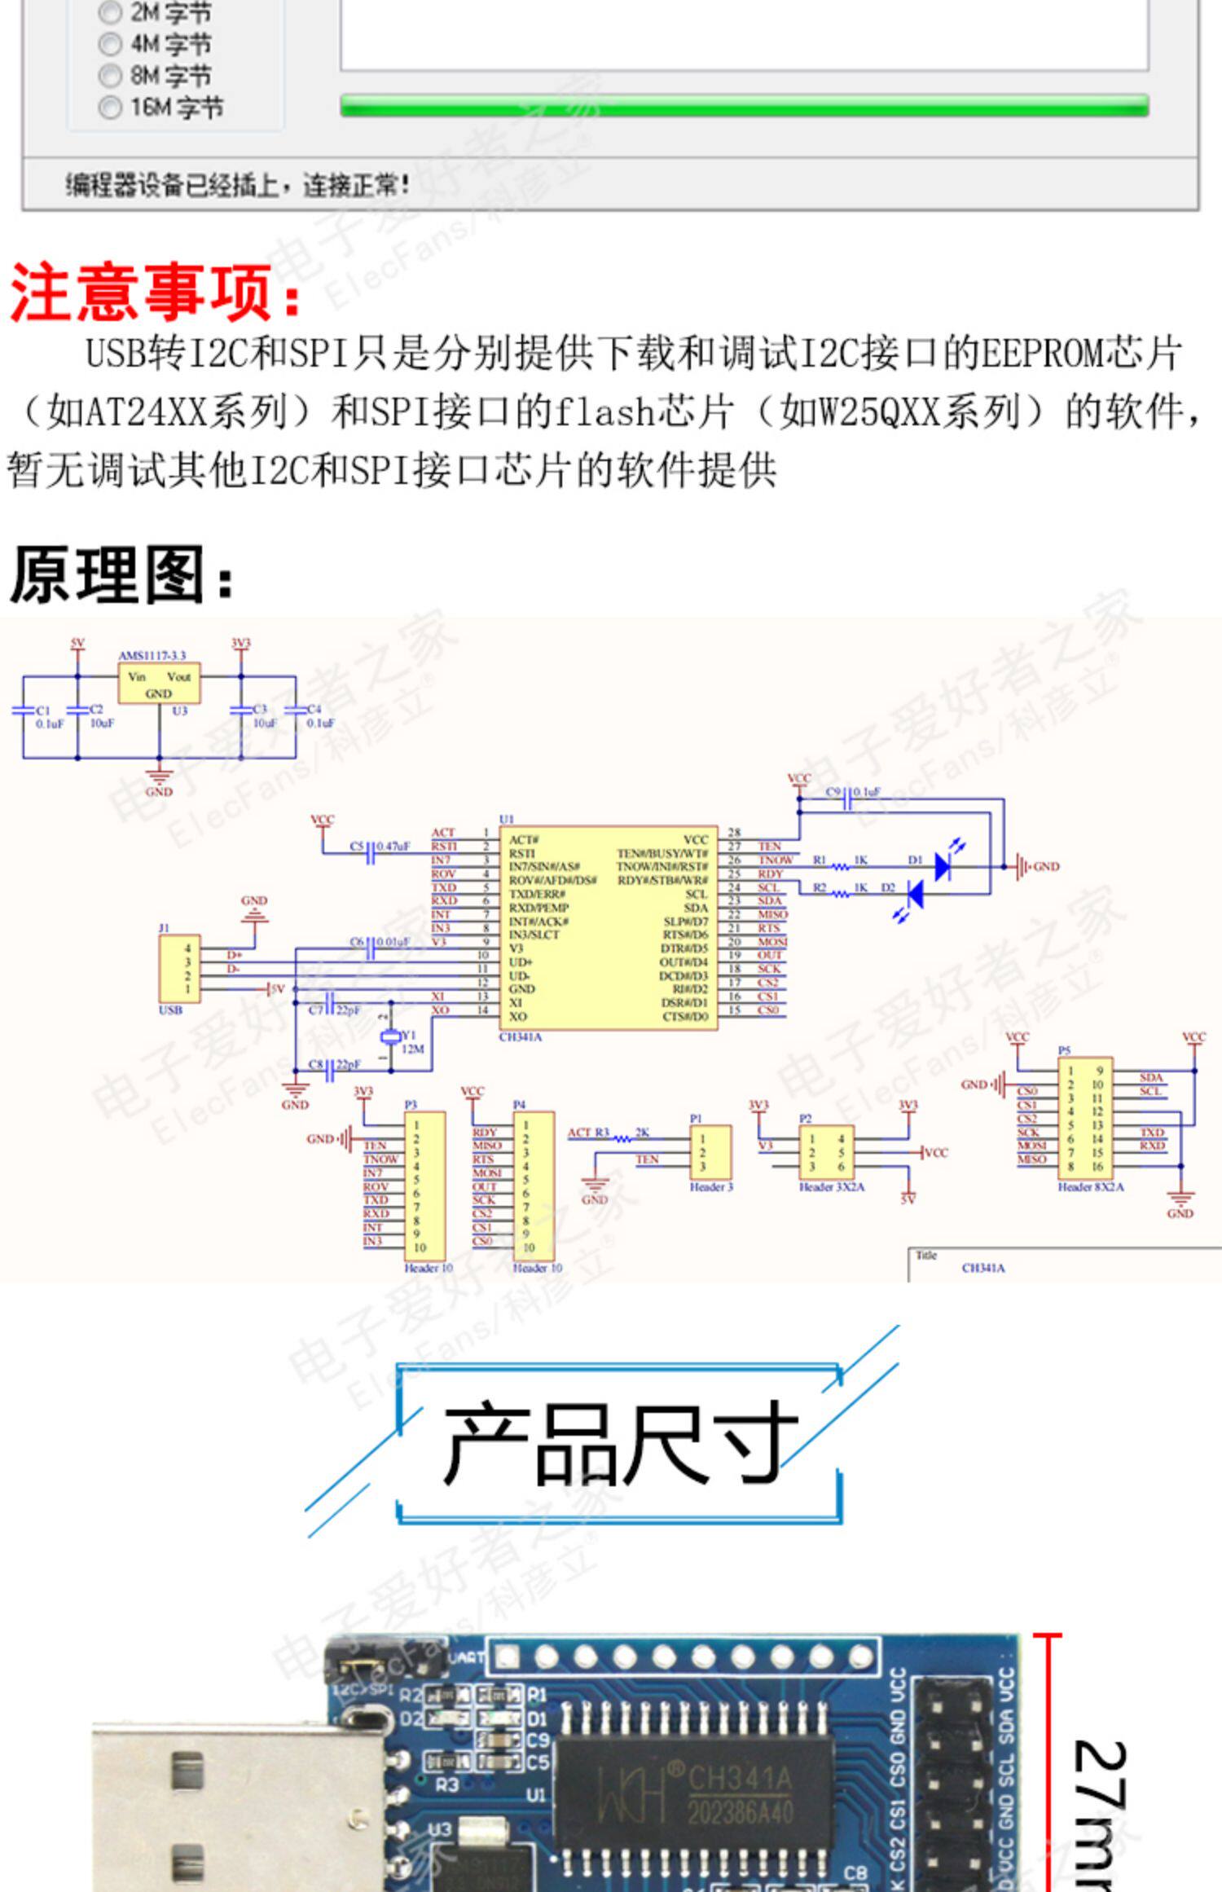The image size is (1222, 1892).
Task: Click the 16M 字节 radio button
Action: tap(109, 108)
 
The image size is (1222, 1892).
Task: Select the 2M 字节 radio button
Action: tap(109, 13)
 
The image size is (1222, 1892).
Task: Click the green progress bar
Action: tap(744, 106)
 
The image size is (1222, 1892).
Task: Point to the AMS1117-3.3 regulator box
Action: tap(159, 684)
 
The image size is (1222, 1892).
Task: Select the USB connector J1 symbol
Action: tap(179, 969)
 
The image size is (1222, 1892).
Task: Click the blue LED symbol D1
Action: tap(943, 866)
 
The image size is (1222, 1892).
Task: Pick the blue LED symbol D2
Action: tap(916, 894)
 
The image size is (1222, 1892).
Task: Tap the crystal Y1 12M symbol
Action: tap(391, 1036)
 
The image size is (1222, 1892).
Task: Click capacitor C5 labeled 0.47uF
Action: tap(371, 853)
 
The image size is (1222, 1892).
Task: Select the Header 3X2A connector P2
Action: tap(826, 1152)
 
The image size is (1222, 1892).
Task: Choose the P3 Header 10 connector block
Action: tap(424, 1186)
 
